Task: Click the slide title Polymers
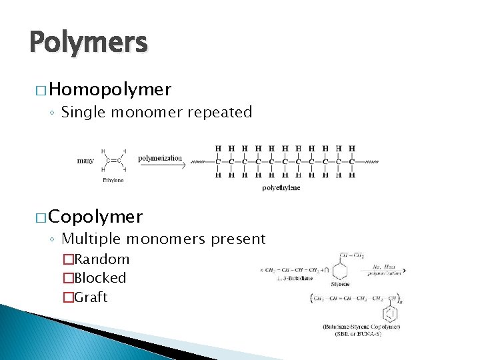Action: point(88,43)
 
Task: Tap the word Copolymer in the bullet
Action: point(95,216)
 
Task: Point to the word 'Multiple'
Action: point(91,239)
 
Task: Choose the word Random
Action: point(101,259)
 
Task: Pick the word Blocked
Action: point(100,278)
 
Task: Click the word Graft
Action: point(91,297)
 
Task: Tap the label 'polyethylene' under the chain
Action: point(281,188)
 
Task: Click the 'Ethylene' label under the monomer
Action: point(113,180)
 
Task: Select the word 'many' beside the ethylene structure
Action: point(85,161)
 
